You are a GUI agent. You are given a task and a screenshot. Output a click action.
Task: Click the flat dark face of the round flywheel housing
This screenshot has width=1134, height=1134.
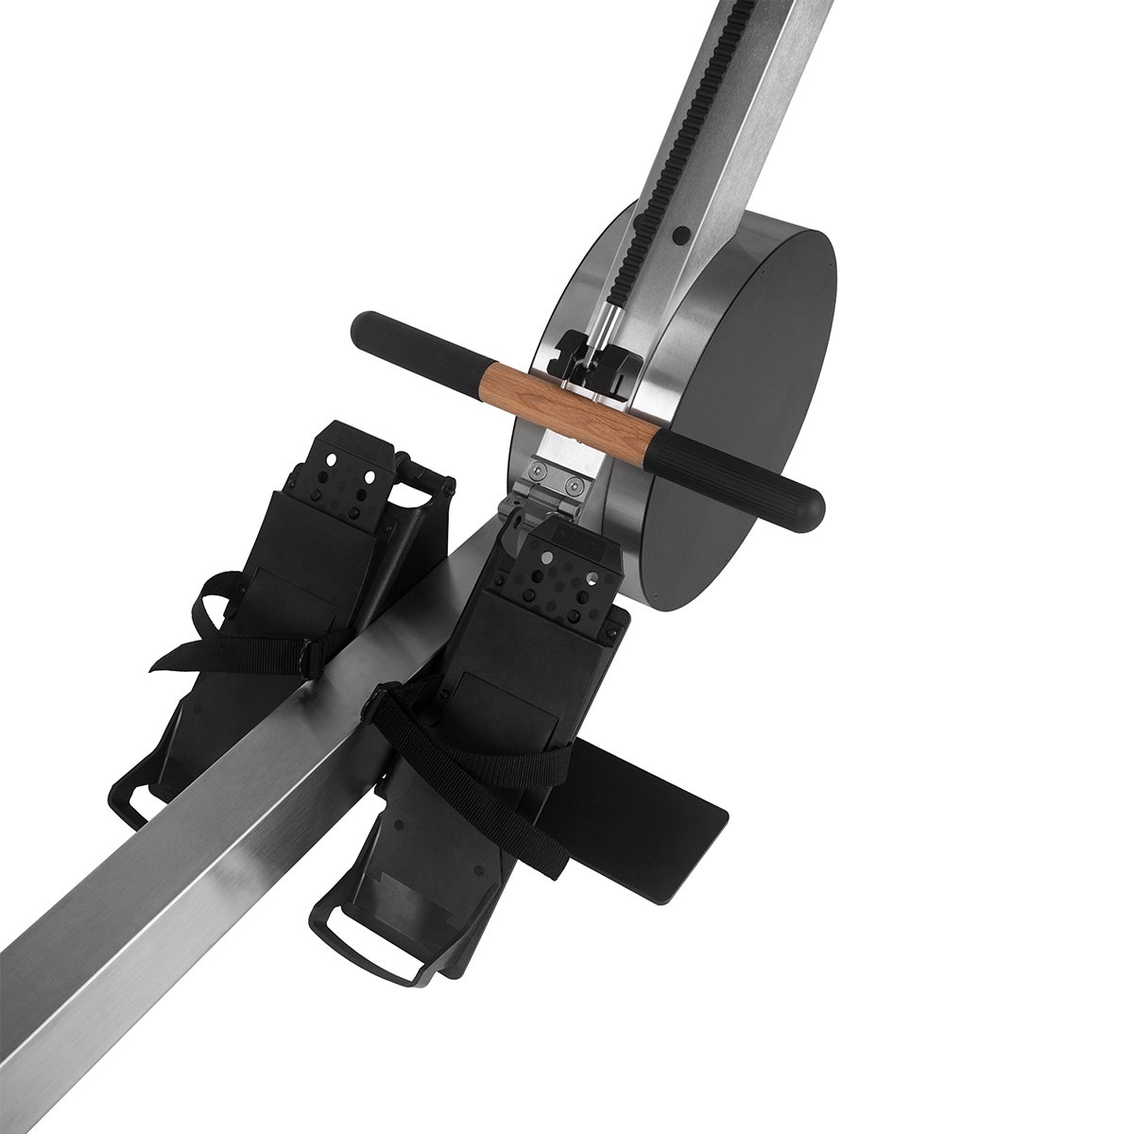(x=747, y=406)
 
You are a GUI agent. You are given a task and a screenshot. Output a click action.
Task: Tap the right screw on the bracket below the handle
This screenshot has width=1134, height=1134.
(x=573, y=486)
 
